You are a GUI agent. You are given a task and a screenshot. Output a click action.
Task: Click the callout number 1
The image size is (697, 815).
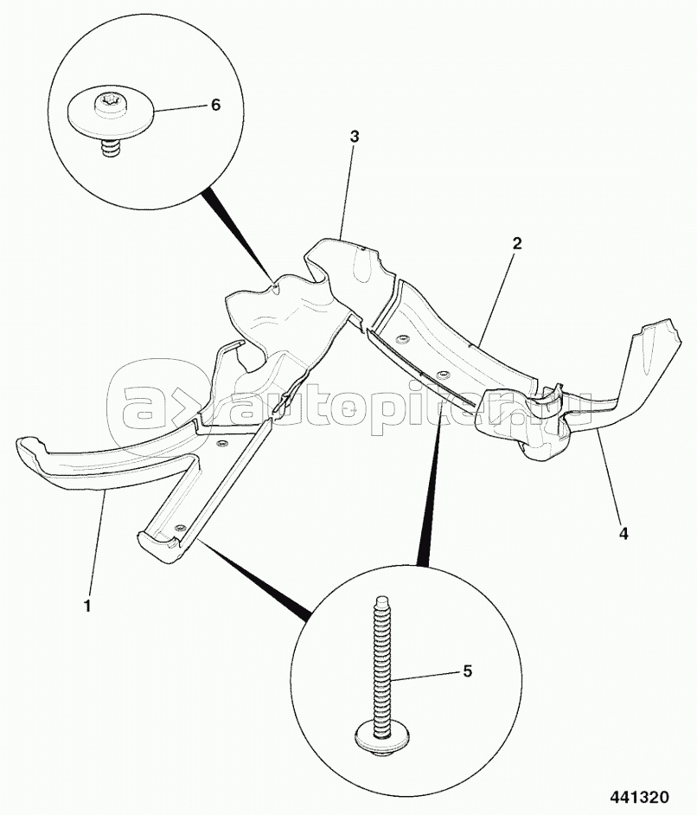88,606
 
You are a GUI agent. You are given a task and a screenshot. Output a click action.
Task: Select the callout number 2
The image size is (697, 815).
517,243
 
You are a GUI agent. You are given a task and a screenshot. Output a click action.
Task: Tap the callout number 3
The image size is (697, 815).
355,137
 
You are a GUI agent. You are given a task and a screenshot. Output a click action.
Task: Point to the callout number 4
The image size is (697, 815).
623,533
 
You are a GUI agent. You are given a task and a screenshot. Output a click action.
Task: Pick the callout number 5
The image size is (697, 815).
468,671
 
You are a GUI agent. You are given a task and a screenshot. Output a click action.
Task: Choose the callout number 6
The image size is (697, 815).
215,105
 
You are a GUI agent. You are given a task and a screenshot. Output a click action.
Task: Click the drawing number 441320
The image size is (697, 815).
639,796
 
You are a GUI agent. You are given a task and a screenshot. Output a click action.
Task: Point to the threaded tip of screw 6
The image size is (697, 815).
109,146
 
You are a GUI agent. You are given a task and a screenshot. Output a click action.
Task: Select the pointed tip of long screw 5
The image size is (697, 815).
380,600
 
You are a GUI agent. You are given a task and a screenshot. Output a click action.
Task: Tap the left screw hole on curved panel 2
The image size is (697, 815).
401,340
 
